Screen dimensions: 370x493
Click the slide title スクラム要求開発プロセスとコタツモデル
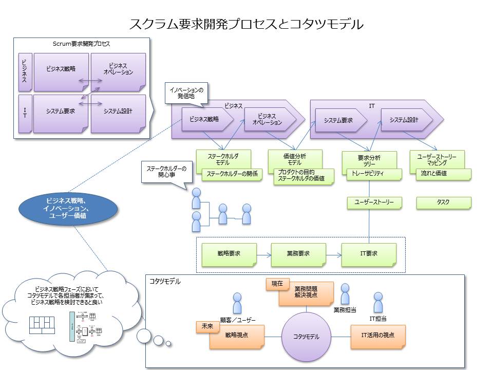click(x=246, y=24)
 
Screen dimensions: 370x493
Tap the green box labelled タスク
click(x=443, y=202)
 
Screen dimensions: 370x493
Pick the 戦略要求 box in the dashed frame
click(x=229, y=254)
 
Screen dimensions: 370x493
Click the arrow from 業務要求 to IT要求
click(x=333, y=254)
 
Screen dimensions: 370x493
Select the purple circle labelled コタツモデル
click(x=306, y=337)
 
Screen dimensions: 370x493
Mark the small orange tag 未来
click(x=207, y=326)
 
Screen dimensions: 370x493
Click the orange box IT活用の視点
click(x=378, y=336)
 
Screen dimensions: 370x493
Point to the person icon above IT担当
click(x=378, y=302)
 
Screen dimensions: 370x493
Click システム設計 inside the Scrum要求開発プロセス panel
click(x=118, y=111)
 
